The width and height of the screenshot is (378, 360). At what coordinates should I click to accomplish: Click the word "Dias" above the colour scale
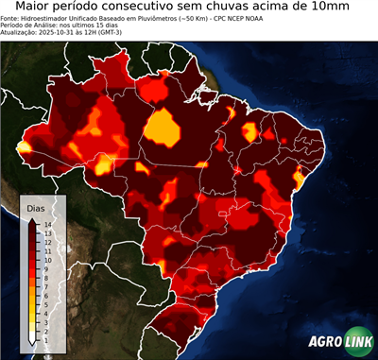click(36, 207)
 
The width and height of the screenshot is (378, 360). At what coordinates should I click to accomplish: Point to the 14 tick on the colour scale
click(47, 224)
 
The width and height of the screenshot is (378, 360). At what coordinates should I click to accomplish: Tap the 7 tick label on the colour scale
click(46, 280)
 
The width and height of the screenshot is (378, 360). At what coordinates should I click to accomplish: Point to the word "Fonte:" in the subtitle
click(11, 18)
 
